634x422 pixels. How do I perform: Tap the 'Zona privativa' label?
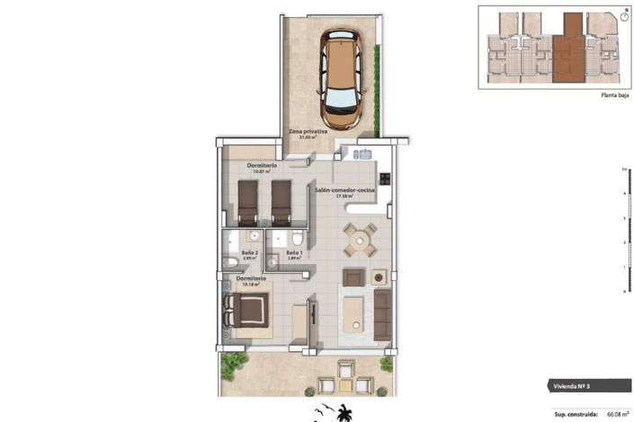coord(308,133)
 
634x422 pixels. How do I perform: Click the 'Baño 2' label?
coord(251,254)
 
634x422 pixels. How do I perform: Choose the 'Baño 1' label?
coord(294,254)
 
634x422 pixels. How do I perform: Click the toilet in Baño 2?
coord(229,262)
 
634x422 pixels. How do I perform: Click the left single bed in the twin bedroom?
coord(247,202)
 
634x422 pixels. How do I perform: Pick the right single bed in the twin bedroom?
coord(281,202)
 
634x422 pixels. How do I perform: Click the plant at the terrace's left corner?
coord(234,364)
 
